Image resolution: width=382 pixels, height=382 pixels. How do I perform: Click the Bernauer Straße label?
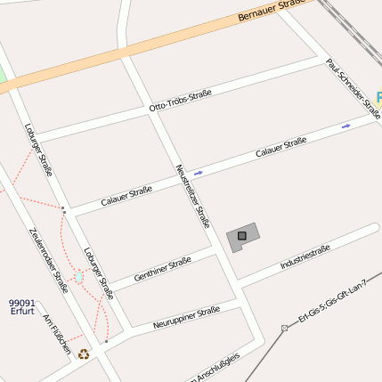(272, 10)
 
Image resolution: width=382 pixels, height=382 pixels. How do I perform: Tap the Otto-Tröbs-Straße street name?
(180, 100)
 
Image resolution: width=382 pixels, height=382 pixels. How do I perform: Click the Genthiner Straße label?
(162, 269)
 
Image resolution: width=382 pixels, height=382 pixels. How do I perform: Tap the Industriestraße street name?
(305, 257)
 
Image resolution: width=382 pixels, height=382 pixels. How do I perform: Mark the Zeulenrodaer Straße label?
(48, 257)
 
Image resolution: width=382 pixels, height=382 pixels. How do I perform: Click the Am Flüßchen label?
(56, 333)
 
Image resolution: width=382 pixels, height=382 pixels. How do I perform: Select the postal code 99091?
(21, 303)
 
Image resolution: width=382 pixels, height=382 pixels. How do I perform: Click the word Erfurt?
(21, 312)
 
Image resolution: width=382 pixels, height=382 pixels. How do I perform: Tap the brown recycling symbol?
(83, 354)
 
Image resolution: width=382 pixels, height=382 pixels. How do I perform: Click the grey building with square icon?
(242, 236)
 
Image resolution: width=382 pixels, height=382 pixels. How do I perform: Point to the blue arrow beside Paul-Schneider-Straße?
(346, 126)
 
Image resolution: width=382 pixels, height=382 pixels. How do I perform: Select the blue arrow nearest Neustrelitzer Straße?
(199, 172)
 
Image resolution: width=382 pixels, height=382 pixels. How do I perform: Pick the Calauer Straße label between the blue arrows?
(280, 147)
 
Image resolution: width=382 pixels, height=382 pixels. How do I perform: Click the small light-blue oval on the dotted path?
(78, 278)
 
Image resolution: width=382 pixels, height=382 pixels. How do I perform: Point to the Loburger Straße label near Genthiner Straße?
(99, 272)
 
